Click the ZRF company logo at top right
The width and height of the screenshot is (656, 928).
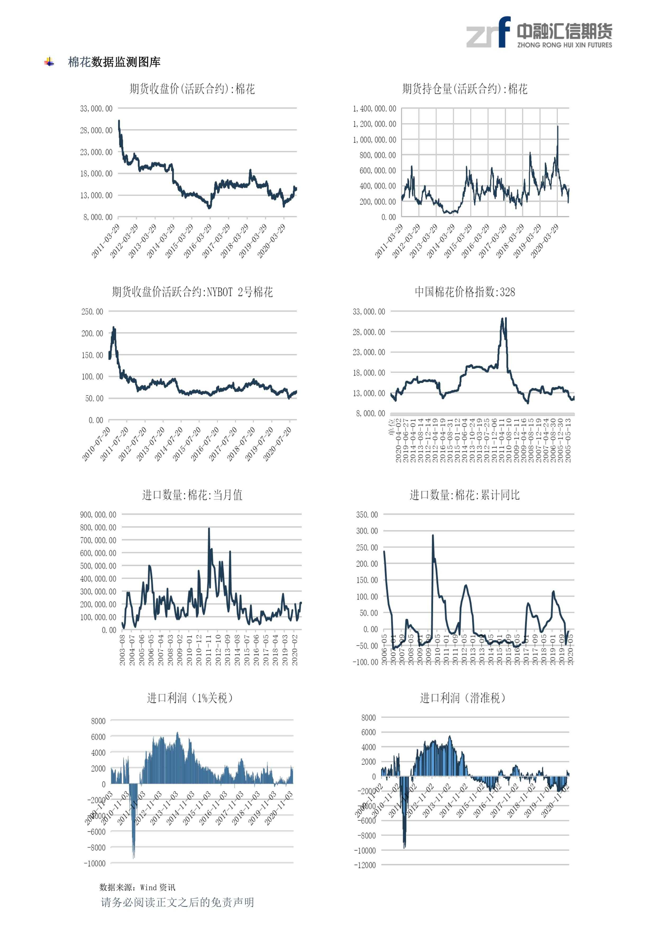click(x=539, y=32)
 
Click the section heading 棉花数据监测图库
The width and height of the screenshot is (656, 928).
click(x=114, y=62)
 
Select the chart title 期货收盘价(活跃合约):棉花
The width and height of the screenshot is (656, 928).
click(x=192, y=89)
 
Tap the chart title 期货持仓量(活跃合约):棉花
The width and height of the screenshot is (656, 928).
click(x=465, y=89)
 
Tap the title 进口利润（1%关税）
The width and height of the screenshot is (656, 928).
click(x=190, y=698)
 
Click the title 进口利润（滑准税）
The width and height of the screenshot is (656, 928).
click(x=462, y=698)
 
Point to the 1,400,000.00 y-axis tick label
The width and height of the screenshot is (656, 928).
click(x=374, y=109)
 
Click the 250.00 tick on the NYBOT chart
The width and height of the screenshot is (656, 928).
click(x=92, y=312)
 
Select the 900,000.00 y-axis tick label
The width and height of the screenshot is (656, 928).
click(x=98, y=515)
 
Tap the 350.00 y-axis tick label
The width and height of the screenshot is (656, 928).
click(x=367, y=515)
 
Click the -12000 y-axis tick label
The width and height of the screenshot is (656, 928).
click(x=365, y=865)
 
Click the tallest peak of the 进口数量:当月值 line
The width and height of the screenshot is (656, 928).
click(x=209, y=529)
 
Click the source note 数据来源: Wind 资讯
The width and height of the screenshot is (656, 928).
click(x=137, y=887)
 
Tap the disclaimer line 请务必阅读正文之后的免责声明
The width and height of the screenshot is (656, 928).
click(x=177, y=902)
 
